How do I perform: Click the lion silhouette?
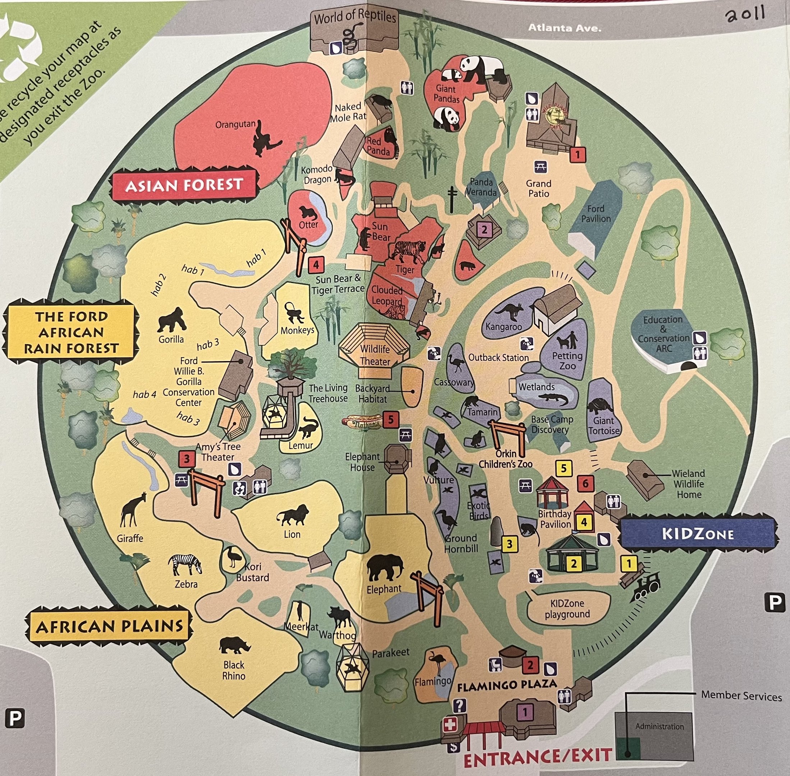tap(292, 516)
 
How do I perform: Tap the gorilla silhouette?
tap(171, 320)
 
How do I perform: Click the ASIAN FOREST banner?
tap(184, 185)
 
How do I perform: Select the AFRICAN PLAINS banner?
tap(109, 627)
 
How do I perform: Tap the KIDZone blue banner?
tap(698, 534)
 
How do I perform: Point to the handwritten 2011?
tap(744, 15)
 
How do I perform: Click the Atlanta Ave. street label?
tap(565, 28)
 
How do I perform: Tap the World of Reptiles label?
tap(355, 17)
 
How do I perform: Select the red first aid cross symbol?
tap(450, 725)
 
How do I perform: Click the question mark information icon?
tap(459, 706)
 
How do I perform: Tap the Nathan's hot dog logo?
tap(362, 421)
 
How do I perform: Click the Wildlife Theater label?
tap(375, 355)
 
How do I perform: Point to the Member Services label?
tap(741, 696)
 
